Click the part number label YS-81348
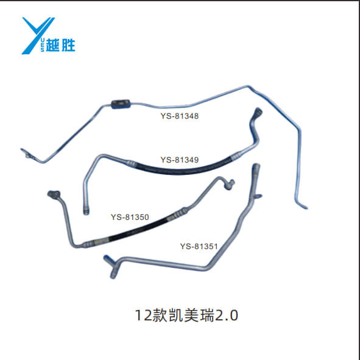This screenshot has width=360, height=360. click(179, 116)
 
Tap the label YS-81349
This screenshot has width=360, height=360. click(179, 160)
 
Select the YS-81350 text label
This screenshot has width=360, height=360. click(130, 217)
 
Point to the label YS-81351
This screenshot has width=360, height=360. click(199, 246)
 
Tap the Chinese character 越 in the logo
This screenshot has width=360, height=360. click(53, 44)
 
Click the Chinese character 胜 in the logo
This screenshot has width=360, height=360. click(68, 44)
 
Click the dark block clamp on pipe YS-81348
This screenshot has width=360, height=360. click(121, 104)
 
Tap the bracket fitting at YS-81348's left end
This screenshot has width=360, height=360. click(28, 154)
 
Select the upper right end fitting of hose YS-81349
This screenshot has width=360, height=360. click(258, 112)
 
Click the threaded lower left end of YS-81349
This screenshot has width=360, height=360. click(86, 211)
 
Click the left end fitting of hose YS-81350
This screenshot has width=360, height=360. click(54, 194)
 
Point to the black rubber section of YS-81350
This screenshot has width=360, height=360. click(138, 228)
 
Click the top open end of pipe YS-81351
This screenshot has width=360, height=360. click(256, 167)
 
